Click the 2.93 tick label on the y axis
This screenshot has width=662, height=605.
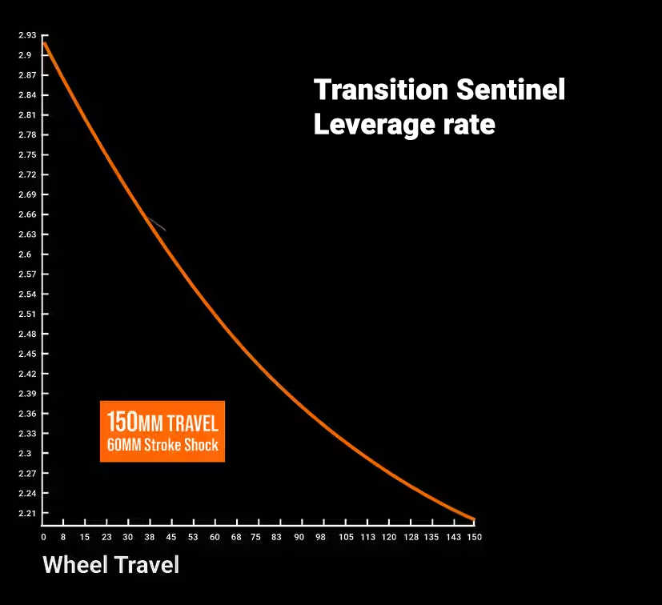(x=27, y=35)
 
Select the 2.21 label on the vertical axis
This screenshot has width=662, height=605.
(x=27, y=513)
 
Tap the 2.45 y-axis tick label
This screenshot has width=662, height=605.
(x=27, y=354)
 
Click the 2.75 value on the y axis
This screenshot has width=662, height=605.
(x=27, y=154)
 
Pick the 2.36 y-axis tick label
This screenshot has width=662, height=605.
(x=27, y=414)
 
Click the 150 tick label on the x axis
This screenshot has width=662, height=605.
(x=475, y=537)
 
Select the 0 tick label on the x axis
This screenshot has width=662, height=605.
(x=43, y=537)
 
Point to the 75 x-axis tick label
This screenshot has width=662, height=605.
(x=255, y=537)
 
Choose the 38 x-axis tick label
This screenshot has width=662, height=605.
(x=148, y=537)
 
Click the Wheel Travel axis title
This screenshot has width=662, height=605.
(x=110, y=565)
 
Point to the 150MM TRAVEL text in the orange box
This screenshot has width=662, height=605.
(x=162, y=422)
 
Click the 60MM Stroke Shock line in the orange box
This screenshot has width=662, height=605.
(x=162, y=445)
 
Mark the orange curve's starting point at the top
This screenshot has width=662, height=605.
(x=44, y=41)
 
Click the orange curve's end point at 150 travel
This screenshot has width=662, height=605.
(x=474, y=520)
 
